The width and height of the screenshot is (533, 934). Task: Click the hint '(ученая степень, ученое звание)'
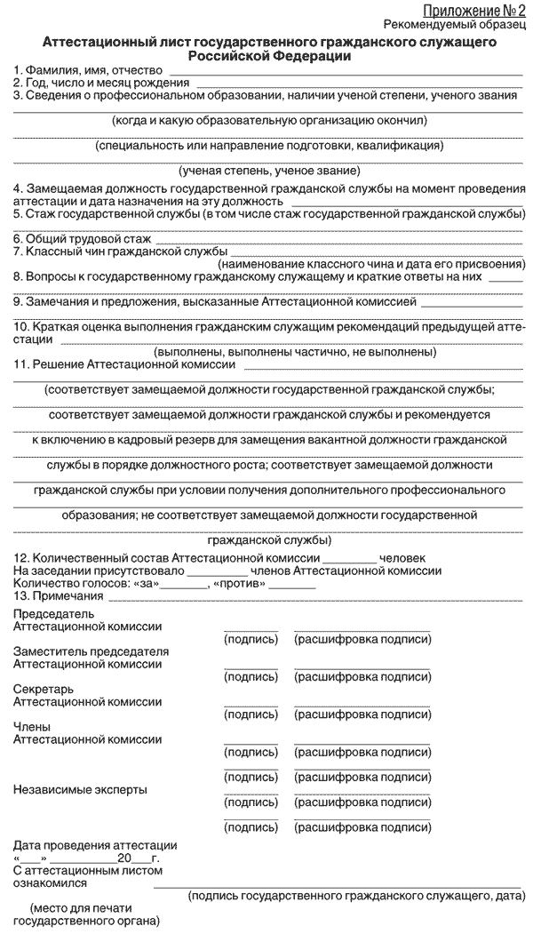pyautogui.click(x=269, y=170)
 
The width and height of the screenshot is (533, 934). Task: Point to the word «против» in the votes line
pyautogui.click(x=238, y=583)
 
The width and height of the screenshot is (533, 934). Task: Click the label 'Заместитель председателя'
pyautogui.click(x=91, y=651)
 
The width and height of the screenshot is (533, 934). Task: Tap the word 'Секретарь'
pyautogui.click(x=44, y=689)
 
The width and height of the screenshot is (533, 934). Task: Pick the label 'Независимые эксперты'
pyautogui.click(x=80, y=789)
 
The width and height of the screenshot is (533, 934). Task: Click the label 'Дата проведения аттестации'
pyautogui.click(x=95, y=845)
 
